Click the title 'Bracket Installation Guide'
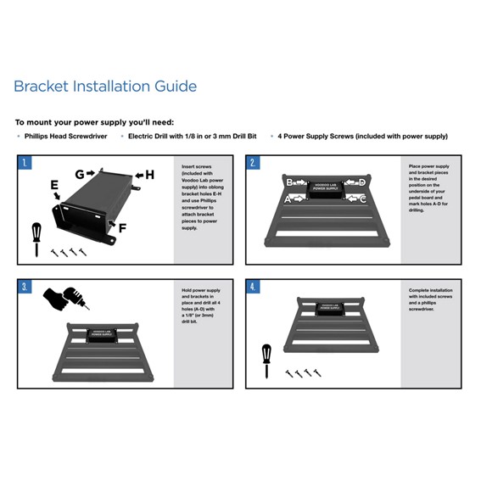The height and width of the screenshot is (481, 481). coord(105,87)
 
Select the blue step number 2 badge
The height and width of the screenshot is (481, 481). coord(254,162)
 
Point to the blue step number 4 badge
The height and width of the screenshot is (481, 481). coord(254,287)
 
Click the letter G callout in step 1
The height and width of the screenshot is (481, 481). coord(79,175)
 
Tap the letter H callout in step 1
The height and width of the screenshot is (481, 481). coord(149,175)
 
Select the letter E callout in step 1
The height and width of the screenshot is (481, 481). coord(54,185)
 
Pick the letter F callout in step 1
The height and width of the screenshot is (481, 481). coord(122,227)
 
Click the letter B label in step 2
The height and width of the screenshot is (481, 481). coord(289,182)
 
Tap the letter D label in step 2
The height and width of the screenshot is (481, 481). coord(361,182)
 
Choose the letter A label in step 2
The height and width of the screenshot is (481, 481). coord(287,199)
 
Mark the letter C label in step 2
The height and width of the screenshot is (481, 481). coord(363,199)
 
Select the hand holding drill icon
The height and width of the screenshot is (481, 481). coord(65,298)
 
